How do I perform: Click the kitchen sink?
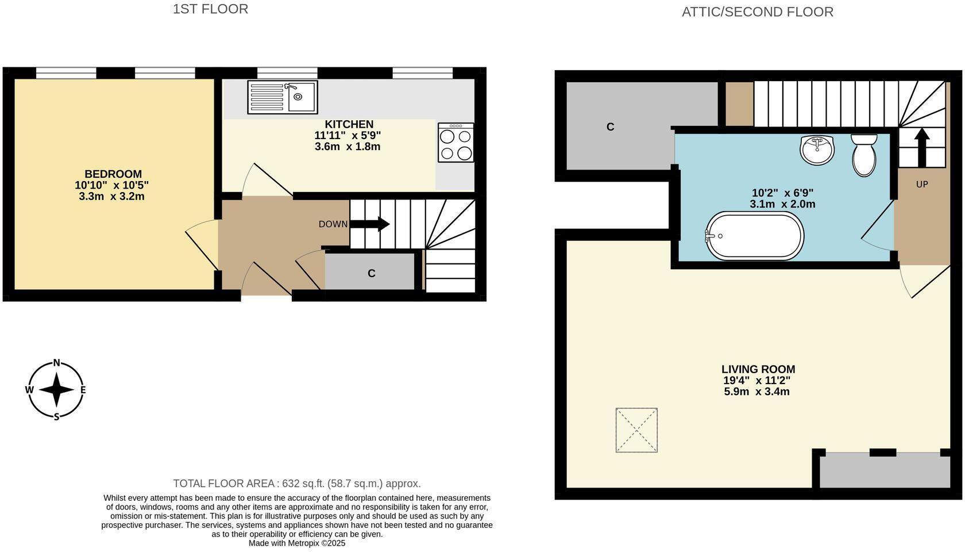click(x=282, y=97)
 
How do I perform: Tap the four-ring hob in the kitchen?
click(x=456, y=143)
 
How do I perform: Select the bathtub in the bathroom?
click(x=754, y=236)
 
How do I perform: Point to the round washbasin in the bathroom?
click(x=817, y=149)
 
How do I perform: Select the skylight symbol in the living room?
click(x=636, y=430)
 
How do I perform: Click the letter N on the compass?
click(x=56, y=362)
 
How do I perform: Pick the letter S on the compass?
click(x=56, y=417)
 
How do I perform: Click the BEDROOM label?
click(x=113, y=174)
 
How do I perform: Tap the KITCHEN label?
click(x=349, y=124)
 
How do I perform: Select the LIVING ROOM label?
click(x=758, y=369)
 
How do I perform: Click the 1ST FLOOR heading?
click(x=210, y=9)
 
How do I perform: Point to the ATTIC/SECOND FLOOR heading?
click(x=757, y=11)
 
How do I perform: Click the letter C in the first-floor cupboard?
click(x=372, y=273)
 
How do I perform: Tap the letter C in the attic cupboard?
click(x=610, y=126)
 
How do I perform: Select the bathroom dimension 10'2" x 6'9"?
click(x=782, y=193)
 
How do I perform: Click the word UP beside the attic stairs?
click(x=922, y=185)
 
